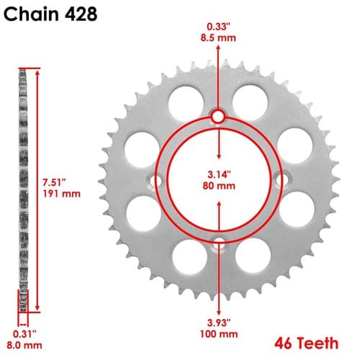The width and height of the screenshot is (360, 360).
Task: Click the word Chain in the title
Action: [31, 14]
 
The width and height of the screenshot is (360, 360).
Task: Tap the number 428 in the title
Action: [81, 14]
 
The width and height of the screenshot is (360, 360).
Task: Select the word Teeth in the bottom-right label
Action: [319, 343]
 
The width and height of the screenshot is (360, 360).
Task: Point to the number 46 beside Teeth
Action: [285, 343]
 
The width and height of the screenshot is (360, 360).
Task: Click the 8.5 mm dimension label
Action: [218, 38]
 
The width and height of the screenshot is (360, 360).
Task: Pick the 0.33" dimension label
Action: [218, 27]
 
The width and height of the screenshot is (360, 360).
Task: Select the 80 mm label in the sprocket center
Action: [219, 186]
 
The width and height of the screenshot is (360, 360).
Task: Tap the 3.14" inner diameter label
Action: [219, 174]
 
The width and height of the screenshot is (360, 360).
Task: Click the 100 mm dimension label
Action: [219, 334]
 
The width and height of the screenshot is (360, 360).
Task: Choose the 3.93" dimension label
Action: [219, 323]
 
